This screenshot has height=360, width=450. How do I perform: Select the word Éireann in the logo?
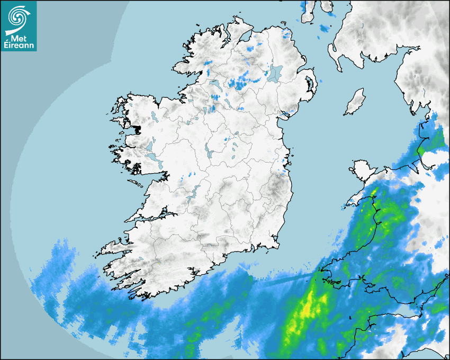[19, 46]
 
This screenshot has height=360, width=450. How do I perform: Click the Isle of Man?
[355, 102]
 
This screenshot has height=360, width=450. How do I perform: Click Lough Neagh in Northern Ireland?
[275, 73]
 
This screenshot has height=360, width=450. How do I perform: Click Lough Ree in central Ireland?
[209, 151]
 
